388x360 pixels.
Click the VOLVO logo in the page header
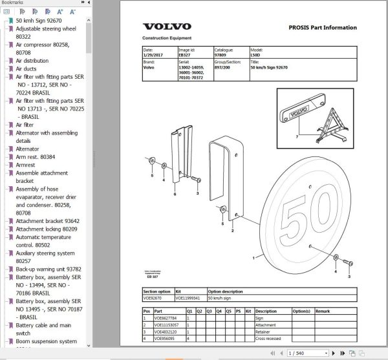(x=166, y=26)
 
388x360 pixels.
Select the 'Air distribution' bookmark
(x=32, y=60)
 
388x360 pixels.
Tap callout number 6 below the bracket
(x=174, y=194)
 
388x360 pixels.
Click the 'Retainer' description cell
(x=264, y=331)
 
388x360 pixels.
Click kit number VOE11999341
(x=189, y=298)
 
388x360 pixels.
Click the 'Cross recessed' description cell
(x=269, y=338)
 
